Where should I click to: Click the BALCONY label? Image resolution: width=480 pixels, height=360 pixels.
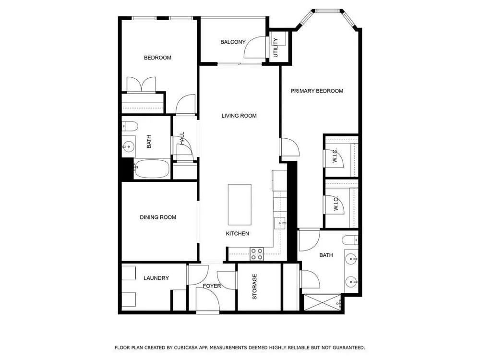coord(233,42)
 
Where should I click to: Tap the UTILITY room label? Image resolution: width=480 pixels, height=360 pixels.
coord(276,48)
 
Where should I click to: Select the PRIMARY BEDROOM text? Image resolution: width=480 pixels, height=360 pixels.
coord(317,91)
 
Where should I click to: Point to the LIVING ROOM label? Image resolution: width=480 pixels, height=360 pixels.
coord(239,116)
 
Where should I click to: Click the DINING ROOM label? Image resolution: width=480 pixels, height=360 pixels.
coord(158,217)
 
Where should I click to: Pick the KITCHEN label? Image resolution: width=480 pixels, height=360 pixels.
coord(237,234)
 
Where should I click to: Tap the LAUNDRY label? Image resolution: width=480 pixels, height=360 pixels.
coord(156,278)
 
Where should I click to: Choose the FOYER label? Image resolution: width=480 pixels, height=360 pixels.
coord(212,286)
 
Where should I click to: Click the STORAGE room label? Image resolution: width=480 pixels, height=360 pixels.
coord(255,287)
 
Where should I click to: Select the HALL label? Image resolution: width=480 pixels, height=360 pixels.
coord(182,138)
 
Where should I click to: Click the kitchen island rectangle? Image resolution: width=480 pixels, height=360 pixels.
coord(240,204)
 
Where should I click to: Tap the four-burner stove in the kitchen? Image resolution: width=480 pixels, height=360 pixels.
coord(257,254)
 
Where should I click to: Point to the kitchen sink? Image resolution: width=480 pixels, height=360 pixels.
coord(280,223)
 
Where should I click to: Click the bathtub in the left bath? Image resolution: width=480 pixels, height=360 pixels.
coord(152,168)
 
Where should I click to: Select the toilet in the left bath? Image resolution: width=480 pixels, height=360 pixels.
coord(130,126)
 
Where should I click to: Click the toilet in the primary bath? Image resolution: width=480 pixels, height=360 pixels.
coord(350,240)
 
